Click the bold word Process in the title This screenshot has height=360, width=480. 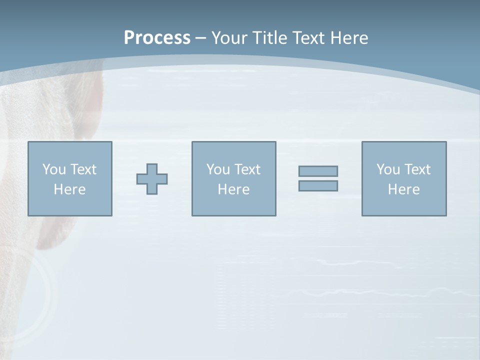point(157,38)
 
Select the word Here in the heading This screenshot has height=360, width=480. point(349,38)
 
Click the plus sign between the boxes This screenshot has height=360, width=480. point(152,179)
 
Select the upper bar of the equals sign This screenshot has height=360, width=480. point(318,171)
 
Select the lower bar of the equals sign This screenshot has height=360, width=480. point(318,185)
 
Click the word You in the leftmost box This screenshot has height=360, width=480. point(54,169)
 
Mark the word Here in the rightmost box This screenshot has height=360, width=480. point(403,189)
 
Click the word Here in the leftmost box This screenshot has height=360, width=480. point(69,189)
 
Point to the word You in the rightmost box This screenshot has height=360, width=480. point(388,169)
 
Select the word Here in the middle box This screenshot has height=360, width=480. point(233,189)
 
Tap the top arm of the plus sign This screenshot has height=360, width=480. point(152,169)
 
